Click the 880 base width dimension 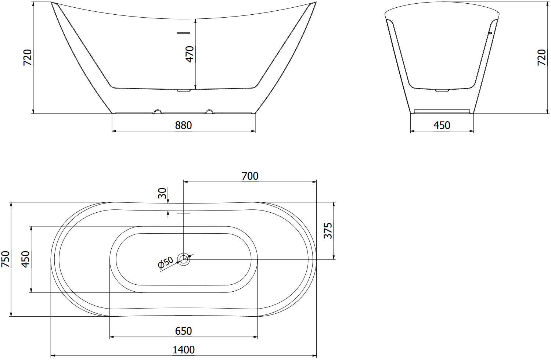coord(183,126)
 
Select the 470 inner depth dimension coord(190,54)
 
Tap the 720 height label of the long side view coord(28,57)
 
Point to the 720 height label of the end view coord(541,57)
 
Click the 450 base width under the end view coord(442,126)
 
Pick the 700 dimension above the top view coord(250,176)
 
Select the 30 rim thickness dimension coord(162,193)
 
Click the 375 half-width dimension coord(328,231)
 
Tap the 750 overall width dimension coord(6,259)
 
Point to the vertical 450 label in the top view coord(26,259)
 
